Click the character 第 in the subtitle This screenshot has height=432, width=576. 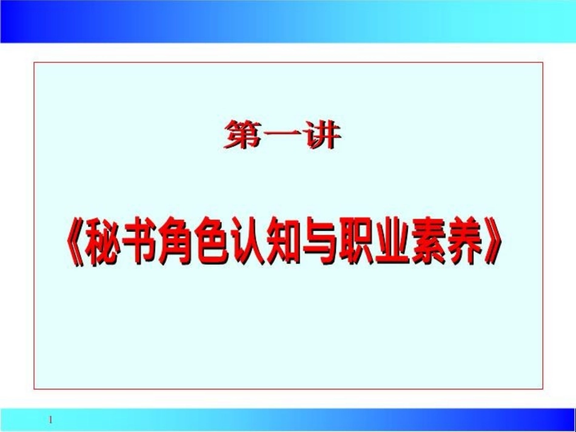coord(243,135)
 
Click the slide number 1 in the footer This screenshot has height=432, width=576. coord(52,419)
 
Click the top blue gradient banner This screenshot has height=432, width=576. coord(288,21)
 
